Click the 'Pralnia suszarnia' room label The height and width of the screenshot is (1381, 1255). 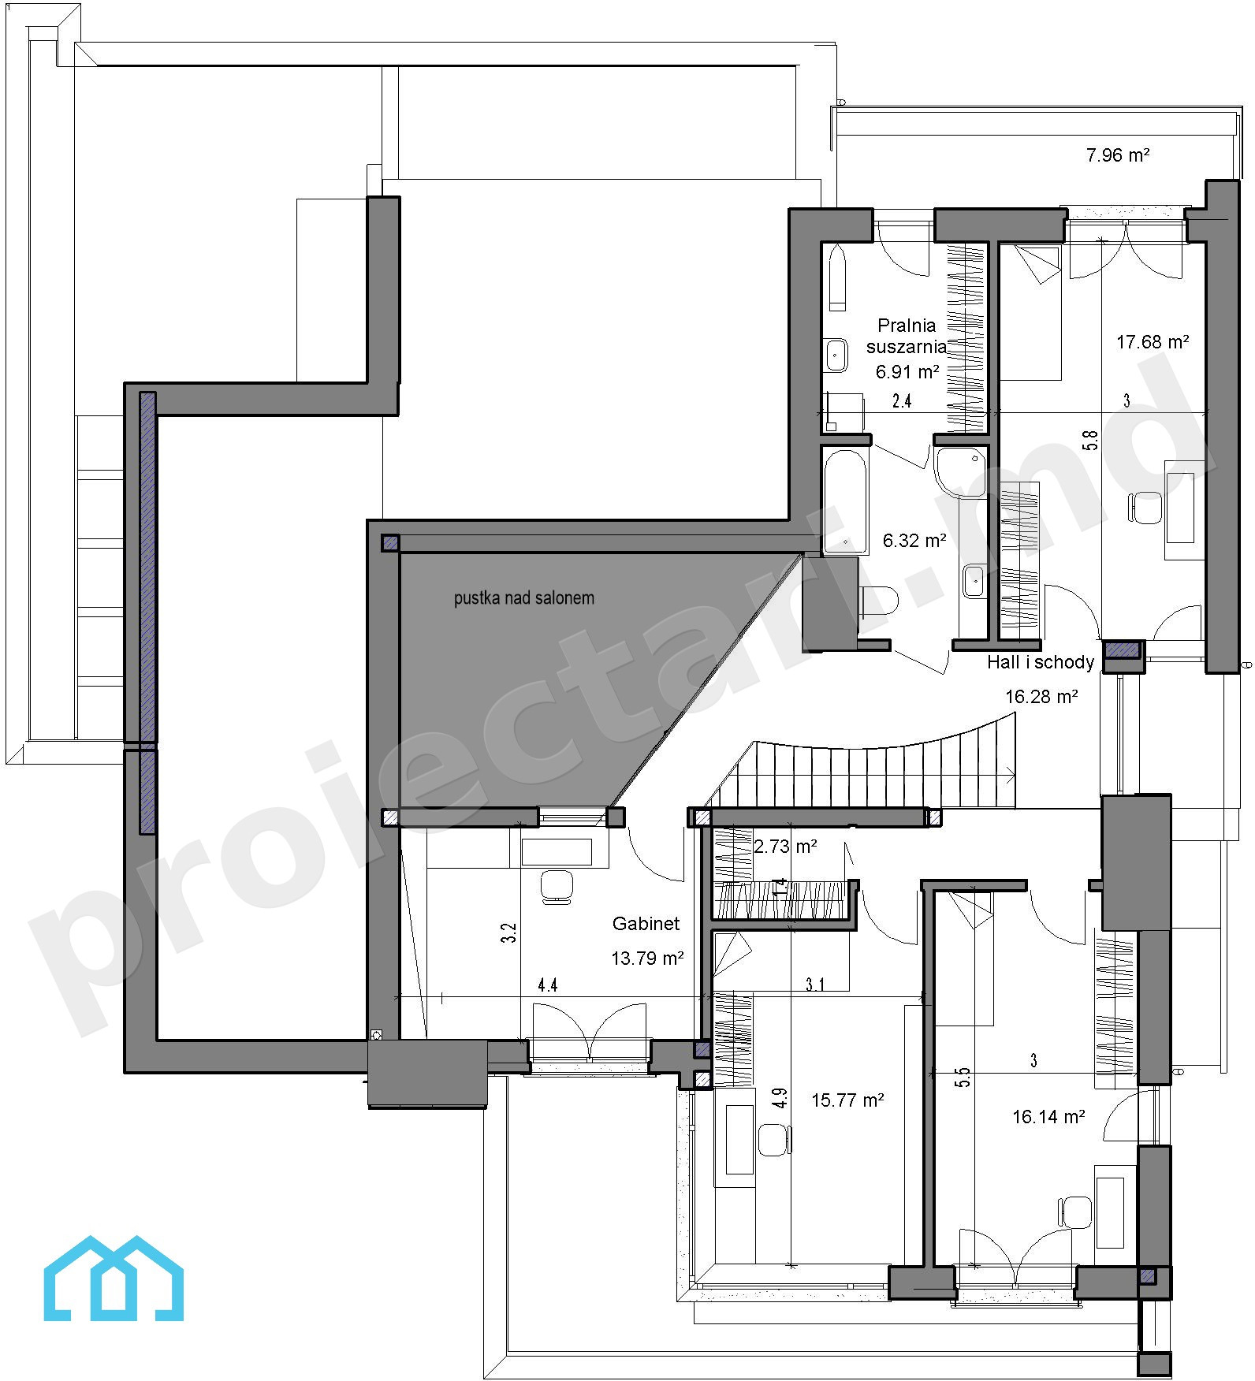(x=907, y=335)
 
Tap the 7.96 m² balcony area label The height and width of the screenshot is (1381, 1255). (x=1117, y=154)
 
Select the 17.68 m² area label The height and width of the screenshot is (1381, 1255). (x=1153, y=341)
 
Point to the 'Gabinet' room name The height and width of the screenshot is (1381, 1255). (x=646, y=923)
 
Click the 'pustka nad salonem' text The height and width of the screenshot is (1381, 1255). (x=523, y=597)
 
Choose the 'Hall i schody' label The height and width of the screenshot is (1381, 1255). (x=1040, y=662)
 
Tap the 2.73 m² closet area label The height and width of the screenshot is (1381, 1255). (x=785, y=847)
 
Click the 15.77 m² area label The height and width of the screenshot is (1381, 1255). (x=847, y=1100)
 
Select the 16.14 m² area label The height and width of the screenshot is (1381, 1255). (x=1048, y=1116)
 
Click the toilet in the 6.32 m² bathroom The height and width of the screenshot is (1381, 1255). (x=880, y=601)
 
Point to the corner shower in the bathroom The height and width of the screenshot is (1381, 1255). (x=959, y=471)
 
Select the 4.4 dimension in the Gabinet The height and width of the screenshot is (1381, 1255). (x=548, y=985)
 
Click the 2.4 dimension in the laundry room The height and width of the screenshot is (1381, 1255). (x=902, y=400)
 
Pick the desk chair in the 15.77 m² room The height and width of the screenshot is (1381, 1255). (x=775, y=1139)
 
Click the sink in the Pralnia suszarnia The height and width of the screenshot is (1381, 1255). (x=836, y=355)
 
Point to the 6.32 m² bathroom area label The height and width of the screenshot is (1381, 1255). (x=914, y=540)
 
